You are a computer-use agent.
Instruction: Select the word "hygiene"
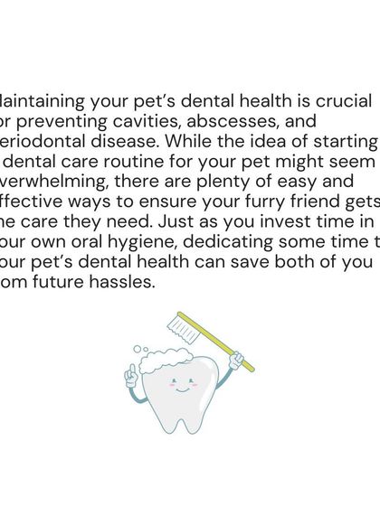click(x=147, y=247)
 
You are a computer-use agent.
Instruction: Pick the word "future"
click(x=66, y=289)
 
